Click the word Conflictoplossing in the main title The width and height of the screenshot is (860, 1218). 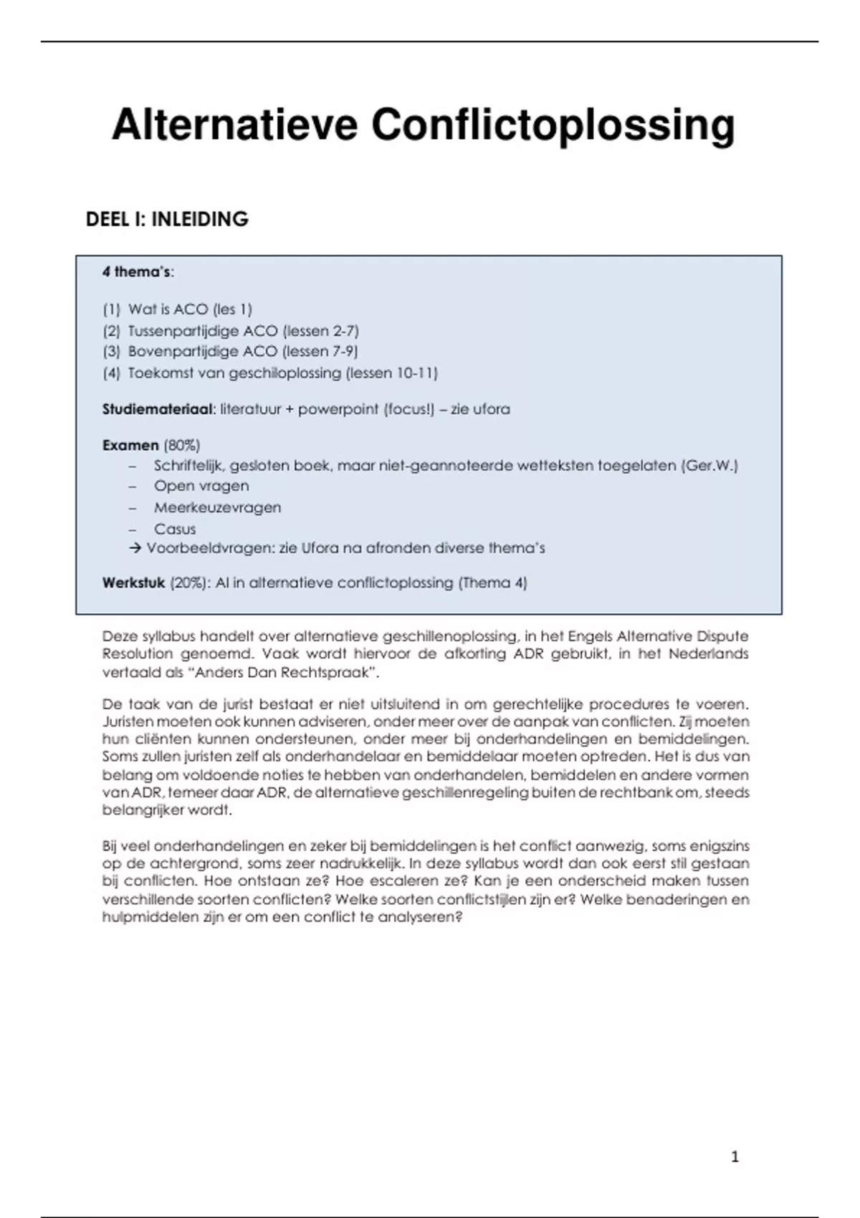(553, 126)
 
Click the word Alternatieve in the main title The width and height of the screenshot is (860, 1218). (234, 126)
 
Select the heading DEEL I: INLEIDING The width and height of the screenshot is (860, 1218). (167, 219)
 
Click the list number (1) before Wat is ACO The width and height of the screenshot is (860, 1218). (111, 310)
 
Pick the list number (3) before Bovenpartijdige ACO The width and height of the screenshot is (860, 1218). (111, 352)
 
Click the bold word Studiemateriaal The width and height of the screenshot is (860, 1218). (158, 410)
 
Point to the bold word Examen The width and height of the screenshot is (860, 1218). (130, 445)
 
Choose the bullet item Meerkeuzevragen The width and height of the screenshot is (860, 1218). (217, 508)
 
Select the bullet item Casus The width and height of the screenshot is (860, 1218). (175, 529)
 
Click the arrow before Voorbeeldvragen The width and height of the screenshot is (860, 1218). (135, 549)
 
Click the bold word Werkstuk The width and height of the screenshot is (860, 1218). (133, 583)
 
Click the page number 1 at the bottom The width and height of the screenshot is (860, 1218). (735, 1156)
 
